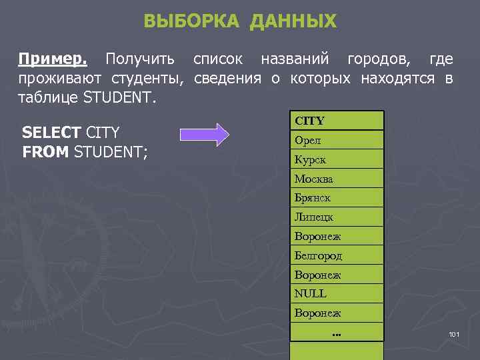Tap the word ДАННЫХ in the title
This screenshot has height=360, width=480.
(x=293, y=21)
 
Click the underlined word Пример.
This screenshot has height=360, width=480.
(x=53, y=60)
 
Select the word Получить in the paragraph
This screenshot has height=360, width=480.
(x=140, y=60)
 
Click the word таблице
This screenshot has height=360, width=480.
(x=47, y=99)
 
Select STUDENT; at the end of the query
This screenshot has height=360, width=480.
(x=111, y=152)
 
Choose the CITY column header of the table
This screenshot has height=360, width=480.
(x=309, y=121)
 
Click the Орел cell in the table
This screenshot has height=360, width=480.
(x=308, y=140)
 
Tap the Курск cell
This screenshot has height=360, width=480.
(x=311, y=160)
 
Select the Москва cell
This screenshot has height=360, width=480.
(x=314, y=179)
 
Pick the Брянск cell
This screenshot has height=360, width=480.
(x=313, y=198)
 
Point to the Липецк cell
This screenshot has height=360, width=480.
(x=314, y=217)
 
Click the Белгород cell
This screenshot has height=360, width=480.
(x=318, y=255)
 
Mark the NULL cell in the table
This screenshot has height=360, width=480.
(x=311, y=293)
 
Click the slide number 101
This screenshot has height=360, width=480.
(x=455, y=333)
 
